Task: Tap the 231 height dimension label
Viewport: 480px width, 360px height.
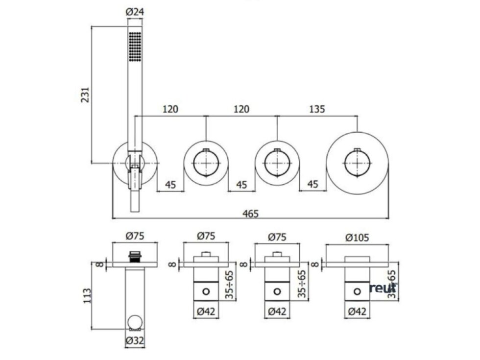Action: (x=84, y=94)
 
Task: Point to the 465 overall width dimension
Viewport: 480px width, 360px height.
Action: (x=250, y=213)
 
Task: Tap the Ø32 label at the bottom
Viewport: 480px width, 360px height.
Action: (x=135, y=340)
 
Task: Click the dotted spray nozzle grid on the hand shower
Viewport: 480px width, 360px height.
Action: (x=135, y=47)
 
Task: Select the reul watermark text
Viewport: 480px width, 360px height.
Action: (x=382, y=288)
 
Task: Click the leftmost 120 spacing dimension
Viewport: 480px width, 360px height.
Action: (x=170, y=109)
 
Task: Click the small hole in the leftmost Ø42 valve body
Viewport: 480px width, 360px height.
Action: (x=206, y=292)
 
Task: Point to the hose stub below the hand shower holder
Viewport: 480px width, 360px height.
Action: (x=135, y=201)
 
